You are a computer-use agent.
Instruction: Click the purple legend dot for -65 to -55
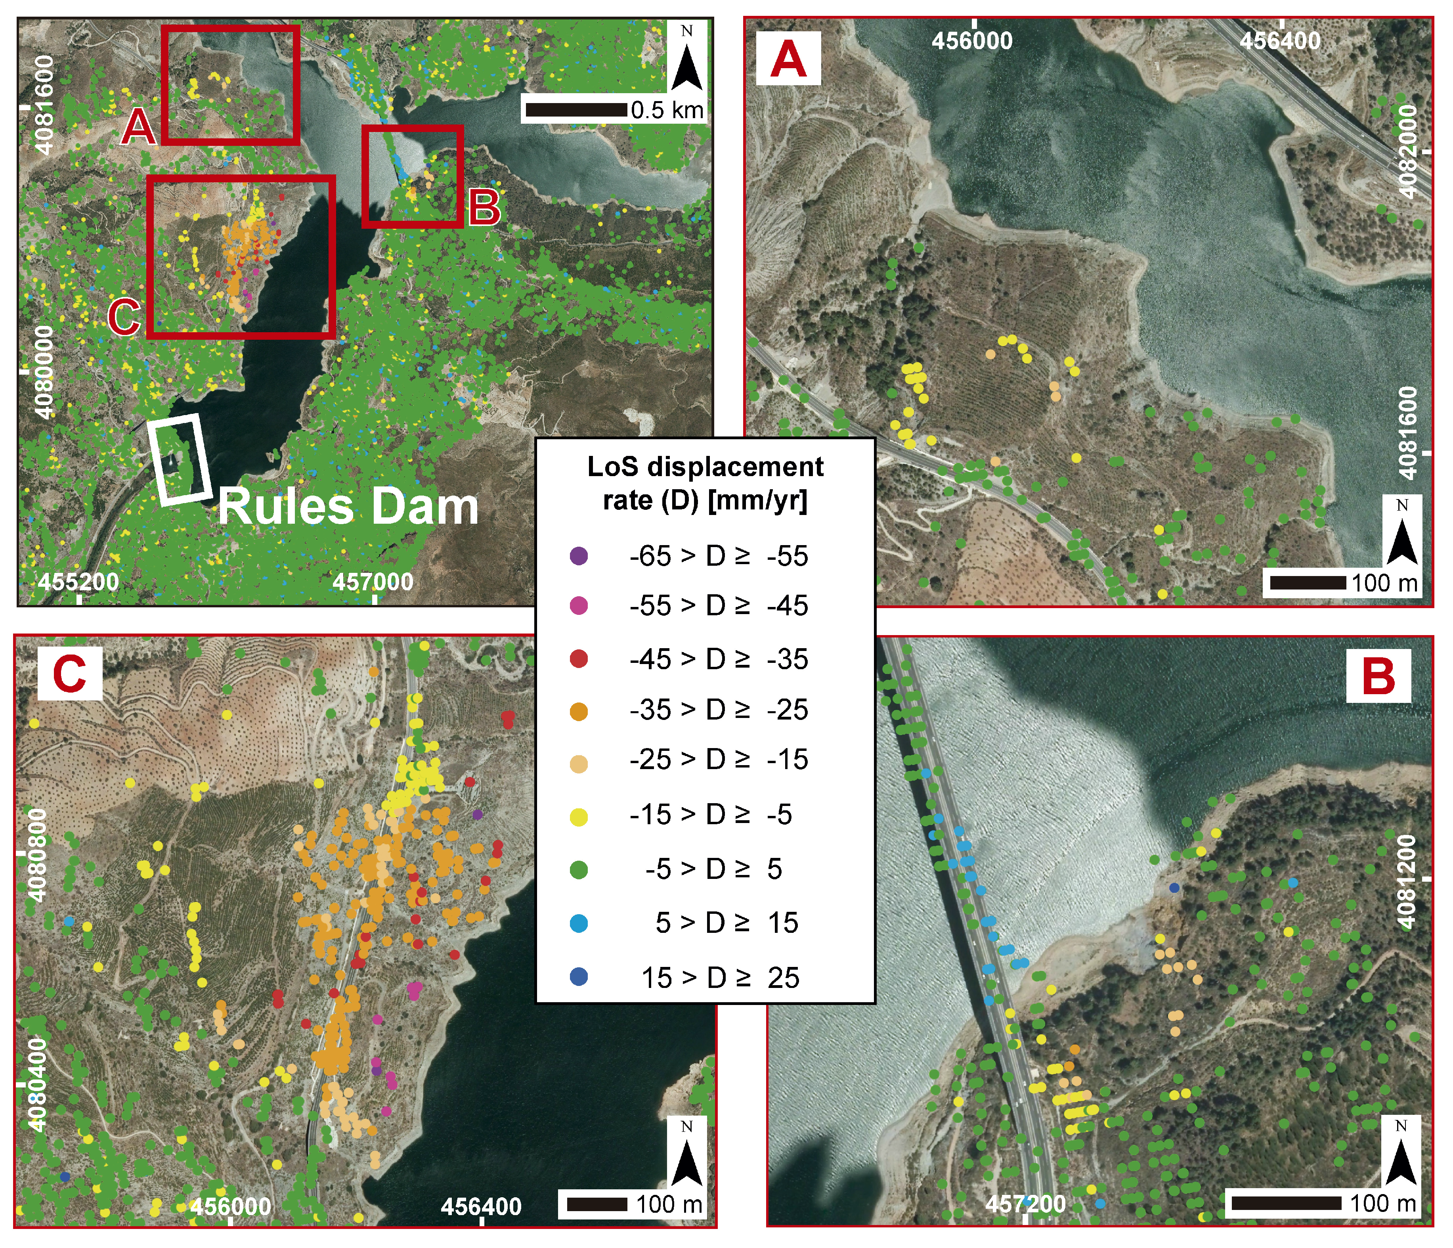(579, 556)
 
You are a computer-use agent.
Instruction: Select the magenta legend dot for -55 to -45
(579, 605)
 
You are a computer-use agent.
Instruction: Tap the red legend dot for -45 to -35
(579, 659)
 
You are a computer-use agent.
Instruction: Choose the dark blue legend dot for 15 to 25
(579, 976)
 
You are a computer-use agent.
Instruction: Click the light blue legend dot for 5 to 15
(579, 923)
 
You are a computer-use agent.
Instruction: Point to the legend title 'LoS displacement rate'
(705, 482)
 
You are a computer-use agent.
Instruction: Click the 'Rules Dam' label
(348, 507)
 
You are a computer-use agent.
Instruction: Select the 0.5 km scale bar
(576, 110)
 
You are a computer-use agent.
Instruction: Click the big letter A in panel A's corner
(788, 59)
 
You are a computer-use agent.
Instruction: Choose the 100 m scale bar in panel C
(597, 1204)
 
